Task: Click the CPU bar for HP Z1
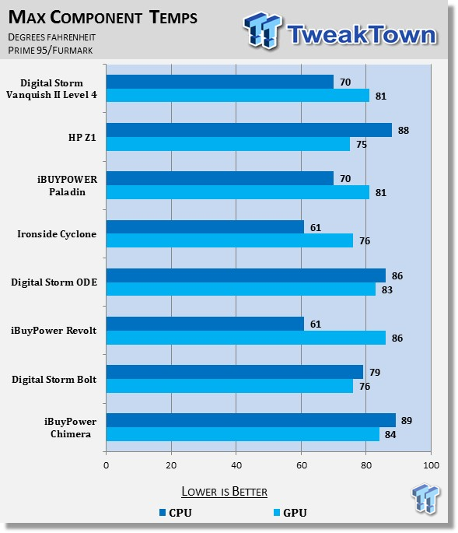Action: pyautogui.click(x=249, y=130)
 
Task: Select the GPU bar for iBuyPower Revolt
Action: pyautogui.click(x=246, y=338)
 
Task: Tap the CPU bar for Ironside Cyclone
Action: pyautogui.click(x=205, y=226)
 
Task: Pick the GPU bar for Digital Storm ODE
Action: pyautogui.click(x=241, y=289)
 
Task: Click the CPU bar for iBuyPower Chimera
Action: pyautogui.click(x=251, y=420)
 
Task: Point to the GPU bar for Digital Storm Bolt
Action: pyautogui.click(x=229, y=386)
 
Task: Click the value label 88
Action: pyautogui.click(x=404, y=130)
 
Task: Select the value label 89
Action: pyautogui.click(x=407, y=420)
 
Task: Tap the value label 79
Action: pyautogui.click(x=375, y=372)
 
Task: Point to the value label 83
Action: pyautogui.click(x=387, y=289)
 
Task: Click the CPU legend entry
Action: pyautogui.click(x=176, y=512)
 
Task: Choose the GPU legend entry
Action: pyautogui.click(x=290, y=512)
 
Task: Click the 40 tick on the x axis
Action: pyautogui.click(x=236, y=465)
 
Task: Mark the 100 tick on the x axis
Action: pyautogui.click(x=431, y=465)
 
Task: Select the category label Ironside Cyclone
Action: pyautogui.click(x=57, y=234)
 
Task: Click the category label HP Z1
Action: pyautogui.click(x=82, y=137)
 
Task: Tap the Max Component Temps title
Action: pyautogui.click(x=103, y=17)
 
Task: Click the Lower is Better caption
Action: pyautogui.click(x=224, y=492)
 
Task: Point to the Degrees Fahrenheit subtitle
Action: pyautogui.click(x=51, y=37)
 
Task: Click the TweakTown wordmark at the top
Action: pyautogui.click(x=362, y=34)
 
